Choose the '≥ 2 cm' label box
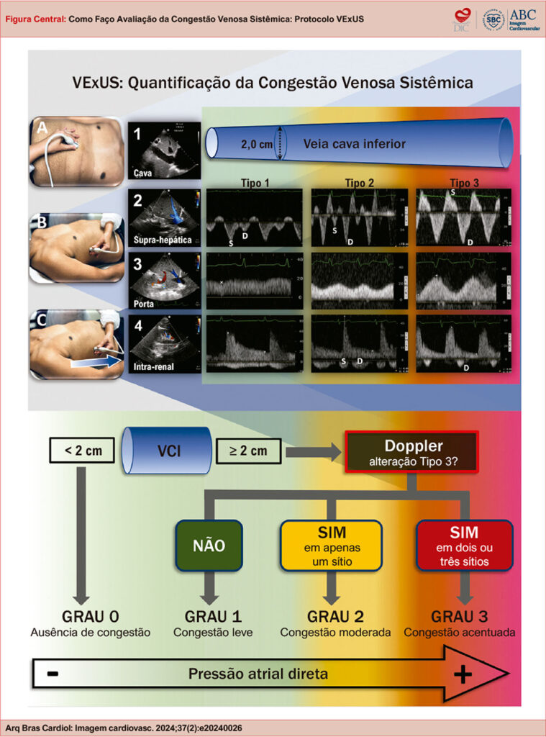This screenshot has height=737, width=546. (248, 452)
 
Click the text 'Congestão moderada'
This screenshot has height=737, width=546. (335, 633)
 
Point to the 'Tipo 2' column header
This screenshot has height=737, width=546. (360, 183)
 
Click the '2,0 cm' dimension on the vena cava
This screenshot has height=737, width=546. (255, 144)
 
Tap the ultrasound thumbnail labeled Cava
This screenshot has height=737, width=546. (162, 150)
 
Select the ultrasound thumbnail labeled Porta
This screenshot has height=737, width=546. (162, 279)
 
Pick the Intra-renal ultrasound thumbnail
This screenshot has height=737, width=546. (162, 342)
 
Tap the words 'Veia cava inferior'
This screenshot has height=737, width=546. (354, 144)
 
